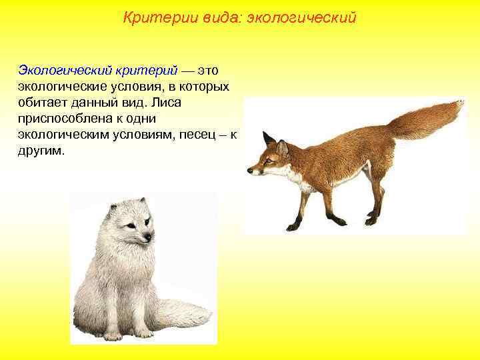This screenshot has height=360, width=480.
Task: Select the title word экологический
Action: (x=302, y=18)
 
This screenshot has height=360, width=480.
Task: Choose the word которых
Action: (x=204, y=86)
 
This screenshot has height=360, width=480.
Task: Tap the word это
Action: (x=213, y=70)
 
